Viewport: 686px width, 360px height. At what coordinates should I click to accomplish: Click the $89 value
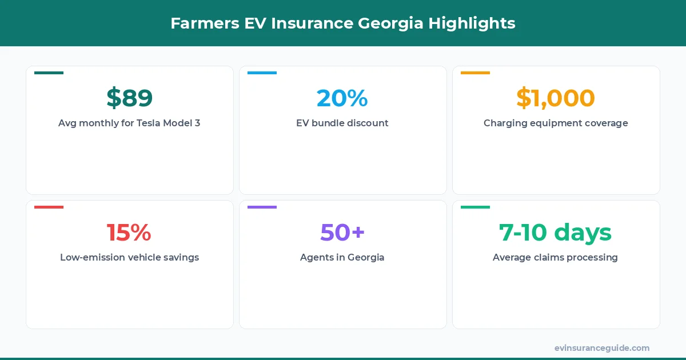tap(129, 98)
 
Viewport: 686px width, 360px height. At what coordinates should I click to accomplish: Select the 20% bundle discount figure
tap(342, 98)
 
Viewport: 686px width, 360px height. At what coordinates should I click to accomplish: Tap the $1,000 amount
tap(555, 98)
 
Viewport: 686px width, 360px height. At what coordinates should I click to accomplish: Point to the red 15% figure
tap(129, 233)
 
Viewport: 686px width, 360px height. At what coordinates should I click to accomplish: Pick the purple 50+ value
tap(342, 233)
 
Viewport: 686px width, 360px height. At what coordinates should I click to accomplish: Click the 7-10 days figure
tap(555, 233)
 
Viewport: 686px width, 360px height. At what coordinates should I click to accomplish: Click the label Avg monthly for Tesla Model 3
tap(129, 123)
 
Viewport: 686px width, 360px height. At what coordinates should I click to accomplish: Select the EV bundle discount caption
tap(342, 123)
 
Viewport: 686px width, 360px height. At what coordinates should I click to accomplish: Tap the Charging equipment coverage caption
tap(555, 123)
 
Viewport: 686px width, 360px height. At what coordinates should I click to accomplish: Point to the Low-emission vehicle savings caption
tap(129, 257)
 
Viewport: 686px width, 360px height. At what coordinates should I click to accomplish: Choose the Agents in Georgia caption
tap(342, 257)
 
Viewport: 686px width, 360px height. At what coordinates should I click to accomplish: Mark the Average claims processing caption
tap(555, 257)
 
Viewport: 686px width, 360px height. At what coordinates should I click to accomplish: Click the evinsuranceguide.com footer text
tap(601, 348)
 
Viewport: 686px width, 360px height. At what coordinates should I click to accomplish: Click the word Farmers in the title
tap(200, 23)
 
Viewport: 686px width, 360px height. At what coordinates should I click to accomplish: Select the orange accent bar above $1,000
tap(475, 73)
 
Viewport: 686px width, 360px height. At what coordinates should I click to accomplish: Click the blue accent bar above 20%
tap(262, 73)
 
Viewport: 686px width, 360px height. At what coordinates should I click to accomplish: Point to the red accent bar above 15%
tap(49, 207)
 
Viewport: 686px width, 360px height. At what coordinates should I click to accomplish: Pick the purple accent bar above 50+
tap(262, 207)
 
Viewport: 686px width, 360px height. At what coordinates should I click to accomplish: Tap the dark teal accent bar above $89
tap(49, 73)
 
